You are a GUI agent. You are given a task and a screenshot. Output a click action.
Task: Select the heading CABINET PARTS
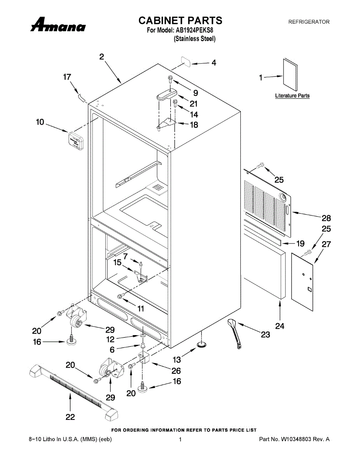(181, 20)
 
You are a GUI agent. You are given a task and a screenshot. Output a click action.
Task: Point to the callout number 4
(214, 63)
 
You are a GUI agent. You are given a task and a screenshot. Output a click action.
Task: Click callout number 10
(40, 122)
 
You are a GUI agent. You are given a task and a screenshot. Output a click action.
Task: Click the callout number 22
(70, 417)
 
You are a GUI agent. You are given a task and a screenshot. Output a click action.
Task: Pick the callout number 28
(326, 218)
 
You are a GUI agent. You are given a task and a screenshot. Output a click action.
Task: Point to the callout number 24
(280, 326)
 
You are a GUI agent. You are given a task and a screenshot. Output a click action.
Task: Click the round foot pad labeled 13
(202, 344)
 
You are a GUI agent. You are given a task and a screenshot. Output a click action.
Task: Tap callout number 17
(67, 77)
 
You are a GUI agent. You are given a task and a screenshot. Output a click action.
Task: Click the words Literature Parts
(292, 96)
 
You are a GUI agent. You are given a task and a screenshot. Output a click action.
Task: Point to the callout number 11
(141, 309)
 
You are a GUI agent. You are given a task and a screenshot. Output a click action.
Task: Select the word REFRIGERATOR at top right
(309, 22)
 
